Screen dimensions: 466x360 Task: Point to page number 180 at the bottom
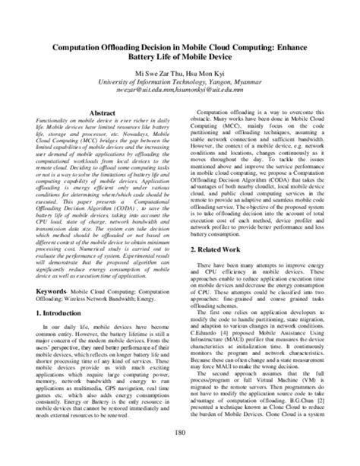180,455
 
